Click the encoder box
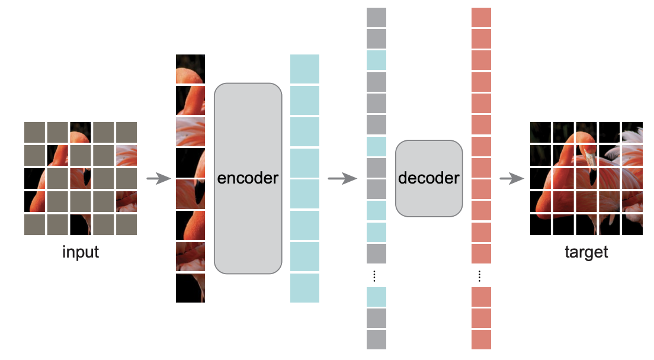(248, 178)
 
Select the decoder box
(429, 178)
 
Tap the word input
(81, 252)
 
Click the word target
(586, 252)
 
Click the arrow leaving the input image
(159, 179)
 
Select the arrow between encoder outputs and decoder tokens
(342, 179)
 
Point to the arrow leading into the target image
(512, 179)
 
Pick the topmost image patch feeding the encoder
(190, 69)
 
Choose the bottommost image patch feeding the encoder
(190, 288)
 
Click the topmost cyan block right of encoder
(305, 69)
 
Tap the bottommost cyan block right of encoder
(305, 288)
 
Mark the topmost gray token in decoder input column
(376, 17)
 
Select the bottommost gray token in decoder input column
(376, 340)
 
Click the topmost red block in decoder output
(482, 17)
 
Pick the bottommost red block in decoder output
(482, 340)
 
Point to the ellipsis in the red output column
(480, 276)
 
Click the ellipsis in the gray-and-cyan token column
(374, 276)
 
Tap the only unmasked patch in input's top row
(81, 132)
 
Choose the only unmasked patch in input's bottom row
(81, 224)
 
